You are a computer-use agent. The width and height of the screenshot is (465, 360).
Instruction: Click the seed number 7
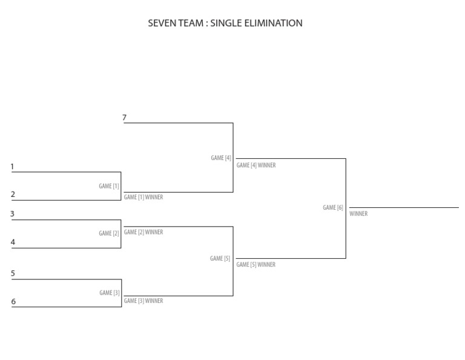tap(124, 118)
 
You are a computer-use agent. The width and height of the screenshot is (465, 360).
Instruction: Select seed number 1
tap(12, 167)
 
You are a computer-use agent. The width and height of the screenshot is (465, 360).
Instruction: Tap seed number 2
tap(13, 195)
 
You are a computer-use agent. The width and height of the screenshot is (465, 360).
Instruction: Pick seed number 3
tap(12, 214)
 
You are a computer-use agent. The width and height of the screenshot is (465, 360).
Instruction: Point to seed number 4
tap(13, 242)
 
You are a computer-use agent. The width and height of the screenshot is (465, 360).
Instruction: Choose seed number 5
tap(13, 273)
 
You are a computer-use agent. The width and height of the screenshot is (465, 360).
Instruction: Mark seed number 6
tap(13, 302)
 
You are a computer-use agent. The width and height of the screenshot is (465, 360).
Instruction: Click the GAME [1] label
tap(109, 186)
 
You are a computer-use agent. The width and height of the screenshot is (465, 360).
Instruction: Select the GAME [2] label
tap(109, 233)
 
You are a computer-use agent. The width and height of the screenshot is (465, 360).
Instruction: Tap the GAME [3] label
tap(109, 293)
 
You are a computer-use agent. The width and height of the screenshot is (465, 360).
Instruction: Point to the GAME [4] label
tap(221, 158)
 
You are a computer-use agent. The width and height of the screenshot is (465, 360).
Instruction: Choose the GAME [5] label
tap(220, 259)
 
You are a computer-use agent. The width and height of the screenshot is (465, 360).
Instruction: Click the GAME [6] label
tap(333, 208)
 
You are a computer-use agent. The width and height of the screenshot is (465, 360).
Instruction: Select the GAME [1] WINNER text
tap(143, 197)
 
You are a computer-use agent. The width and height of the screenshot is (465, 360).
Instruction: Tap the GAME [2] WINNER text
tap(143, 232)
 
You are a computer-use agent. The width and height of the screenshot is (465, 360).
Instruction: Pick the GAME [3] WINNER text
tap(143, 301)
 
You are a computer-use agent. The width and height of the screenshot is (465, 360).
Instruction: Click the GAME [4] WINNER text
tap(256, 165)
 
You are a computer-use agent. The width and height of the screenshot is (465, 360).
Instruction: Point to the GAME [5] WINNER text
tap(256, 265)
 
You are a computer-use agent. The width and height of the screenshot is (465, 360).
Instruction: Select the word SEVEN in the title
tap(162, 23)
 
